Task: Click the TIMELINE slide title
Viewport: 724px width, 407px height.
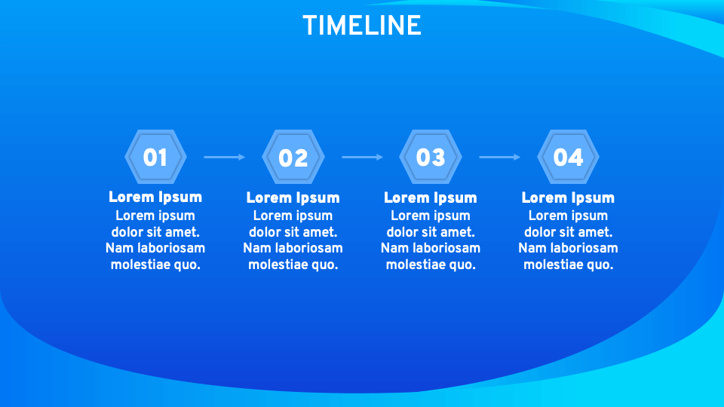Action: point(362,26)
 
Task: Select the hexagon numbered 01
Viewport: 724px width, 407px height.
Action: point(155,157)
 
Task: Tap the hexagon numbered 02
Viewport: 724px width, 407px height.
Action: point(293,157)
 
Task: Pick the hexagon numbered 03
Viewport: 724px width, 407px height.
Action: point(431,157)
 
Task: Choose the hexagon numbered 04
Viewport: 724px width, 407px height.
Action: point(568,157)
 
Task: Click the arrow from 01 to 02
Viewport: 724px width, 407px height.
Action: point(224,157)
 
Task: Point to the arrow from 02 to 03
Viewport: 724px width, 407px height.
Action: point(362,157)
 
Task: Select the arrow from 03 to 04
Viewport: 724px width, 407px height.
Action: point(499,157)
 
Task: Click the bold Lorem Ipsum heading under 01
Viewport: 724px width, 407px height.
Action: point(155,197)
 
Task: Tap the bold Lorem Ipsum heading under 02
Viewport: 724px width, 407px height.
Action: point(293,198)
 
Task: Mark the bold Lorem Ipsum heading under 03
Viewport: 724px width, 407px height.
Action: point(431,198)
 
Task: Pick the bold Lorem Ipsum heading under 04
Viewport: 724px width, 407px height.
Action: point(568,198)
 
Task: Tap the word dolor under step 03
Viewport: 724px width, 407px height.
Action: point(404,232)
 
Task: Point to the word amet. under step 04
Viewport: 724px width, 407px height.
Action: point(595,232)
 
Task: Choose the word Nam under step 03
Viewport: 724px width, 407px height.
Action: point(392,248)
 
